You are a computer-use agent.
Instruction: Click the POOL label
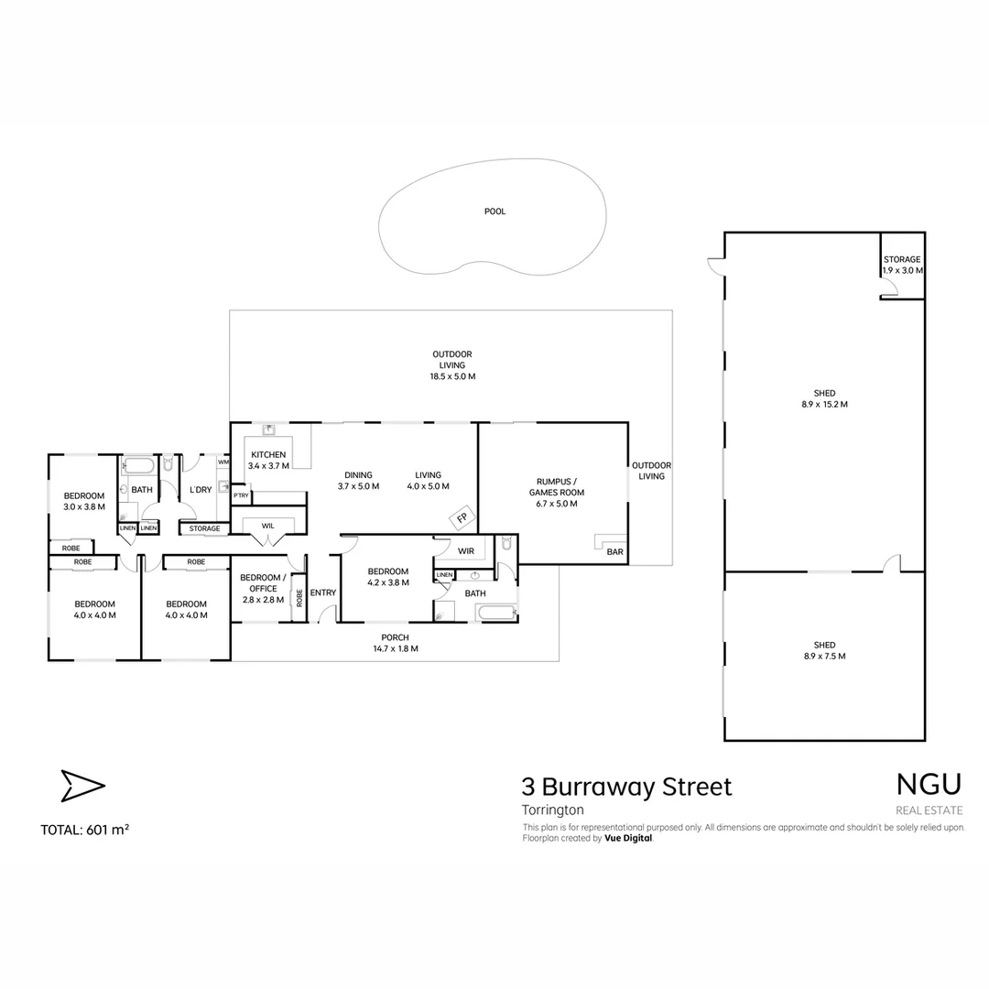[494, 212]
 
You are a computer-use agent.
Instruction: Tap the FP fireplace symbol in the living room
[462, 519]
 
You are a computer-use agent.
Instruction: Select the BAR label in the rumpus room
[614, 552]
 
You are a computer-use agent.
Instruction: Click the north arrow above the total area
[82, 786]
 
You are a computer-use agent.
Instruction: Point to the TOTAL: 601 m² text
[84, 831]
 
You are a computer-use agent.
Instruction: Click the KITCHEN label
[268, 455]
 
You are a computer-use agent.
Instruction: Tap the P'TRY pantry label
[241, 495]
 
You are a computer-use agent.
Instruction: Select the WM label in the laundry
[223, 462]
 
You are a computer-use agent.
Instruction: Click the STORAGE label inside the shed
[902, 260]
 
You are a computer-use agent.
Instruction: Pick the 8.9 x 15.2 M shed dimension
[824, 404]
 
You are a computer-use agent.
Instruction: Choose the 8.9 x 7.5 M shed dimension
[824, 656]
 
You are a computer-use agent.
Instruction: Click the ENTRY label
[322, 592]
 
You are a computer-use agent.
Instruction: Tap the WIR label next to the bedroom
[465, 551]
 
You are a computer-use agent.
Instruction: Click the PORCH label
[395, 637]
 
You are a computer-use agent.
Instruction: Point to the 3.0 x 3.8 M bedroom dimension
[84, 506]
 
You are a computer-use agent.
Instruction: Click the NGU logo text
[929, 784]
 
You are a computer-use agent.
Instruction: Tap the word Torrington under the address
[552, 810]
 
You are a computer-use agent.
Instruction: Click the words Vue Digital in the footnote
[628, 838]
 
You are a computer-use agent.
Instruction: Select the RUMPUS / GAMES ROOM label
[556, 486]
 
